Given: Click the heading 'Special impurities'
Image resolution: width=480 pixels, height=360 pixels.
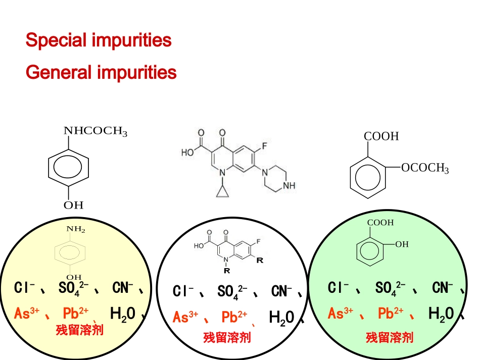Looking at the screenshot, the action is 99,40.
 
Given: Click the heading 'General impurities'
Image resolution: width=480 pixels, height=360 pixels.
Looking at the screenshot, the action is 101,73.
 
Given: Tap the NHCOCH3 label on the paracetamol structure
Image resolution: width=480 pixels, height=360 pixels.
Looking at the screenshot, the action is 95,131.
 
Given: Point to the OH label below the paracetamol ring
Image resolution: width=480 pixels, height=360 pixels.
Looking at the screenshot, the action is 73,205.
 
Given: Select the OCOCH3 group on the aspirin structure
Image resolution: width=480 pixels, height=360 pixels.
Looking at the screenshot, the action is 425,168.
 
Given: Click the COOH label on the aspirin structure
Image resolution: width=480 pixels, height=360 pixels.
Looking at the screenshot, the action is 381,136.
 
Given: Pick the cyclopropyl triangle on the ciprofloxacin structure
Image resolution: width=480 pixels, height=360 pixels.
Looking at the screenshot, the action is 222,191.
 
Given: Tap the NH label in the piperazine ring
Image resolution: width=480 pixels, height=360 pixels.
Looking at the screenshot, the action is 289,186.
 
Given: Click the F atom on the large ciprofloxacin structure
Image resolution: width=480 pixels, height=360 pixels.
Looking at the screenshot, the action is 264,146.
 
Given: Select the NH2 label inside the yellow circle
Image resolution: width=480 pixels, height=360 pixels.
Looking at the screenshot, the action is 76,229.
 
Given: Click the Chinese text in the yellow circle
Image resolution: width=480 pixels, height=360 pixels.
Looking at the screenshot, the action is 80,330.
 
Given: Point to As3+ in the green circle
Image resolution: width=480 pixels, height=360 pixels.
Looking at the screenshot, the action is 340,314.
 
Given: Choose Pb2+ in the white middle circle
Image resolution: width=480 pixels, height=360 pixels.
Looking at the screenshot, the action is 234,317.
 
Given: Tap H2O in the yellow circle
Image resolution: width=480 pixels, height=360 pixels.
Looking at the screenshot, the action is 122,314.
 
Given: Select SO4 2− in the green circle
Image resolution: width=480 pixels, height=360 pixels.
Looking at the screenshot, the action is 390,288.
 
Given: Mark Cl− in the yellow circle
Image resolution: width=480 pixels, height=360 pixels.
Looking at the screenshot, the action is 24,288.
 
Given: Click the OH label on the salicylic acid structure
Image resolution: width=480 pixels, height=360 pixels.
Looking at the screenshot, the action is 402,244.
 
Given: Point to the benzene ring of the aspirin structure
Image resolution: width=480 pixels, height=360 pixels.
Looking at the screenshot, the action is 368,178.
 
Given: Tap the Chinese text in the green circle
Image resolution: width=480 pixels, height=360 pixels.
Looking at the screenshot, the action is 390,337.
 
